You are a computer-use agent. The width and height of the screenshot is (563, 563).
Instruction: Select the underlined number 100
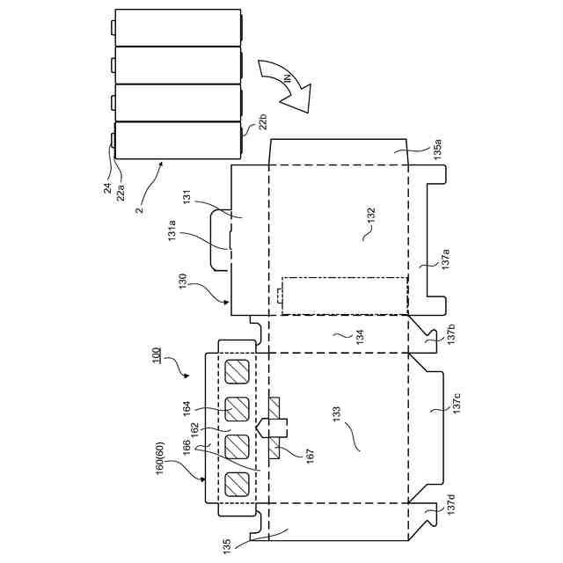156,355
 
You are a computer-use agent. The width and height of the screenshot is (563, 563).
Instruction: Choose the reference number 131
186,199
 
